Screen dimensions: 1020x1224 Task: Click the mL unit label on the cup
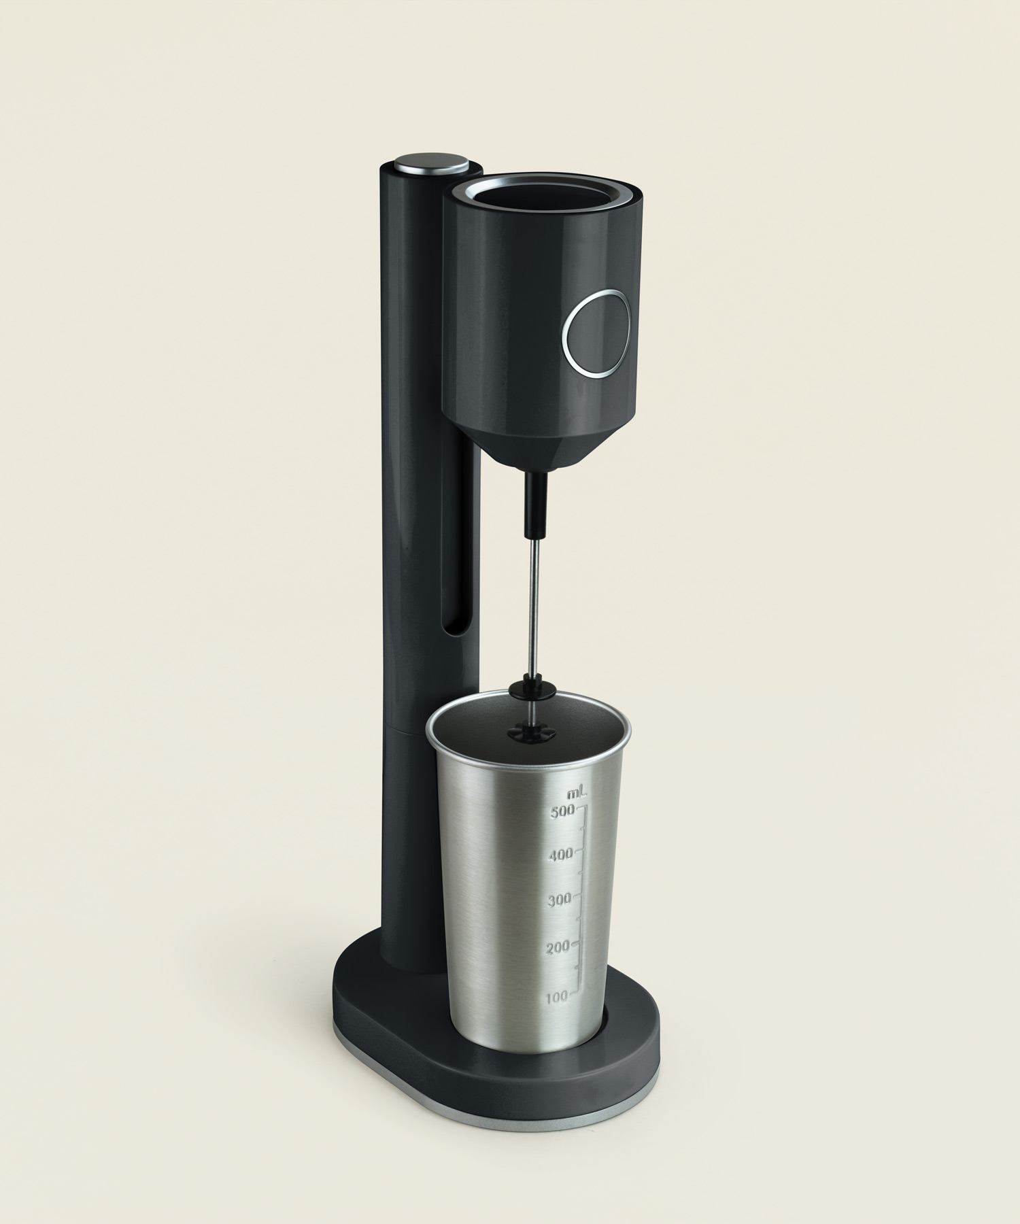coord(577,793)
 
